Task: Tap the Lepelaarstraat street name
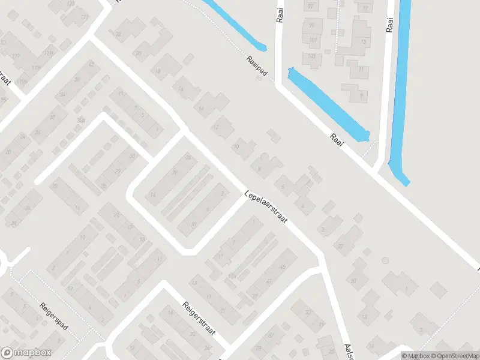tap(266, 208)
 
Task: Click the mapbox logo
tap(26, 353)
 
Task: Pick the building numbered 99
tap(311, 26)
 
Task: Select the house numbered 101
tap(313, 41)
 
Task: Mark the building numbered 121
tap(83, 17)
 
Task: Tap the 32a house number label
tap(80, 120)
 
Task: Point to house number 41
tap(268, 281)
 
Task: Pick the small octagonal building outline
tap(385, 260)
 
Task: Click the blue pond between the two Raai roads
tap(327, 104)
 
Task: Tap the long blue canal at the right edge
tap(399, 90)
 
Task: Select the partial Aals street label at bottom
tap(347, 348)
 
